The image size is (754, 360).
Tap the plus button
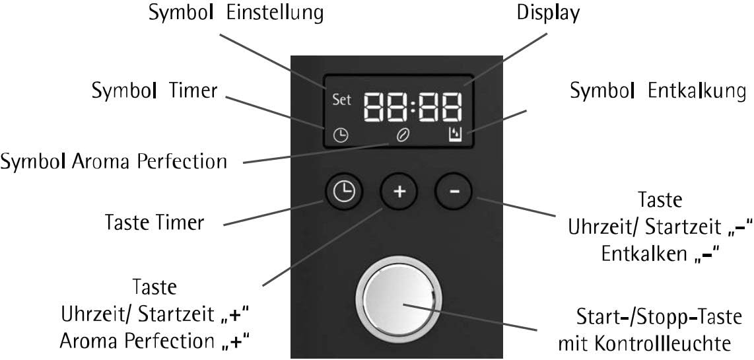pyautogui.click(x=399, y=192)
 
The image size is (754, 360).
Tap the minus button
pyautogui.click(x=454, y=192)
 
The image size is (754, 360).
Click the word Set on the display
pyautogui.click(x=342, y=100)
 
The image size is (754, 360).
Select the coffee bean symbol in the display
pyautogui.click(x=401, y=135)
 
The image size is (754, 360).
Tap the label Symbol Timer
pyautogui.click(x=154, y=91)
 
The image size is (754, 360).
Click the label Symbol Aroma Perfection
pyautogui.click(x=114, y=161)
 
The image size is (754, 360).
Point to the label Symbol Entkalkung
pyautogui.click(x=658, y=91)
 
